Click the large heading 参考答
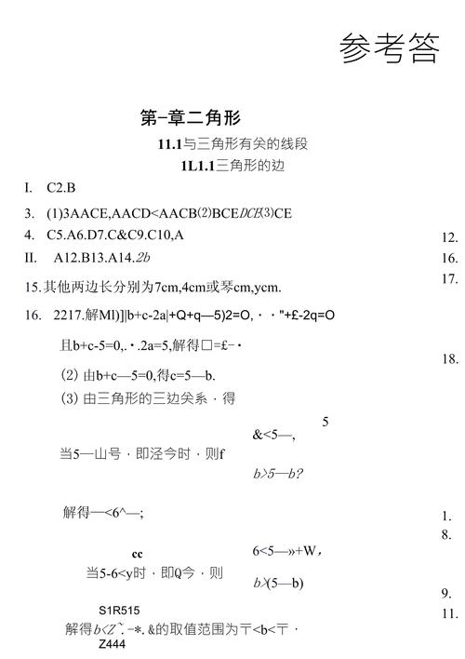pos(389,47)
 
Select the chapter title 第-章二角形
pos(190,117)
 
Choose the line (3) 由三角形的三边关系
pos(148,398)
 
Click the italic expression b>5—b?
pos(279,473)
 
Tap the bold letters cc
pos(137,554)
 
